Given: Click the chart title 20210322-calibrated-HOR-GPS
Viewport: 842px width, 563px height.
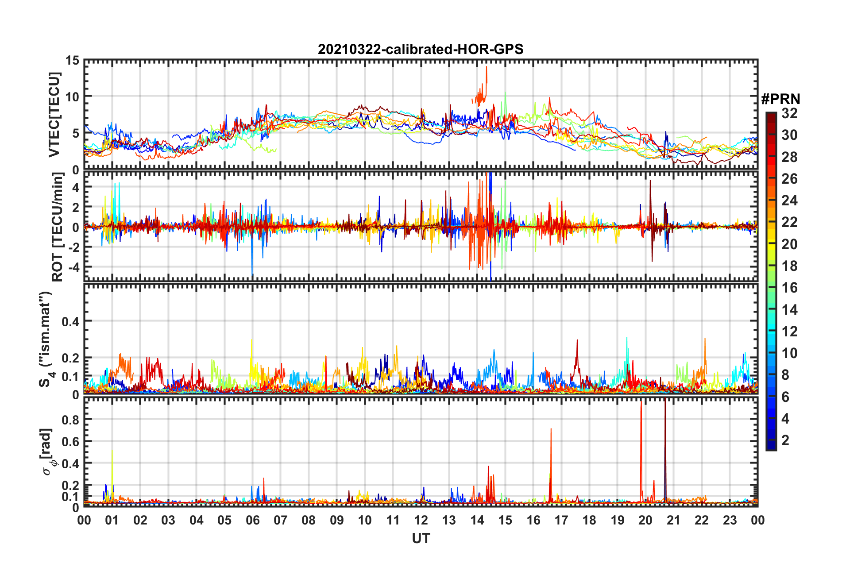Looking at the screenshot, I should [x=421, y=49].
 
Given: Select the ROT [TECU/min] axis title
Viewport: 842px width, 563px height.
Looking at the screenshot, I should [x=58, y=227].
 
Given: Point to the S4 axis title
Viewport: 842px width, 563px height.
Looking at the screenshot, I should [x=46, y=339].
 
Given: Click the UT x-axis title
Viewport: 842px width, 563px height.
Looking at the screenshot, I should [x=421, y=538].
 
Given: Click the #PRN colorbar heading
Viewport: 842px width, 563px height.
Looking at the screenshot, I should [x=780, y=99].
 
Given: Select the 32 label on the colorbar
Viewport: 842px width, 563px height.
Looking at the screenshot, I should [x=789, y=113].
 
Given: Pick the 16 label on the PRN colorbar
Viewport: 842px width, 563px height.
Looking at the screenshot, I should [x=789, y=288].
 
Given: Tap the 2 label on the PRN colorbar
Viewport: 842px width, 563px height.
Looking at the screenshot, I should [x=785, y=440].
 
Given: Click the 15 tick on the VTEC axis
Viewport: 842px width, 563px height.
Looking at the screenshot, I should [x=72, y=61].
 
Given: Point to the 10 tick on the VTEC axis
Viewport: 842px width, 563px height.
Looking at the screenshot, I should [x=72, y=97].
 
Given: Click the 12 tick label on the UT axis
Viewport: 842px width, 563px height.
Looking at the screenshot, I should [x=421, y=521].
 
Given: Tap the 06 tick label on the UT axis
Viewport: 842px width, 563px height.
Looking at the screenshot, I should [x=252, y=521].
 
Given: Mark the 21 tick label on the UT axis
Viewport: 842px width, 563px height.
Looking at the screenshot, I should [x=673, y=521].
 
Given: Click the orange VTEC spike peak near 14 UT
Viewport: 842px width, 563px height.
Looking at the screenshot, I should [x=487, y=67].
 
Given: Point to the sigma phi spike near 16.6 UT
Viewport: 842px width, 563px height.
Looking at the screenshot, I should [x=551, y=429].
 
